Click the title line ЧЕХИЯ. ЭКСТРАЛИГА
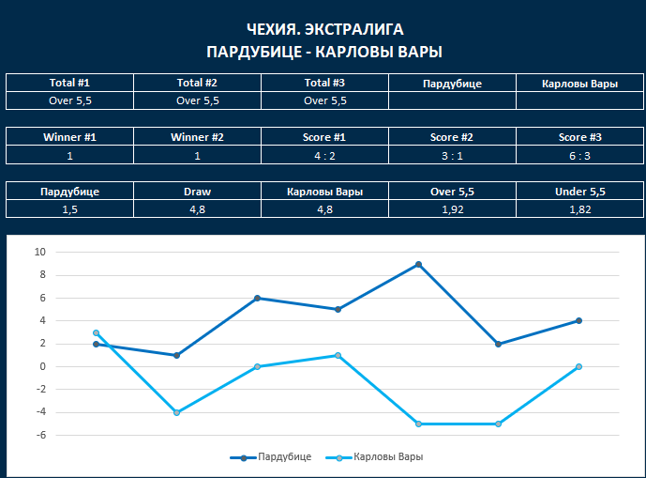(x=323, y=29)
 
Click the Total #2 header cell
(x=197, y=83)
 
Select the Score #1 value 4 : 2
(x=324, y=155)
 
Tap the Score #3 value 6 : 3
(x=579, y=155)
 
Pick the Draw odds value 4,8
(x=197, y=209)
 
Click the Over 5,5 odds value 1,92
(x=452, y=209)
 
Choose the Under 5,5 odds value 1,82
(x=579, y=209)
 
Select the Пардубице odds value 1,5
(x=69, y=209)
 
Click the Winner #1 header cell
(x=69, y=137)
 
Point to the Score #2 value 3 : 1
(x=452, y=155)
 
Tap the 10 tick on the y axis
(x=39, y=253)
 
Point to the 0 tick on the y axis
(x=42, y=366)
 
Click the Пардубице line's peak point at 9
(x=418, y=264)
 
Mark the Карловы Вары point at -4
(x=176, y=412)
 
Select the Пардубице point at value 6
(x=257, y=299)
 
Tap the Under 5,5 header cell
(x=579, y=192)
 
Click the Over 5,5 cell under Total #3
(x=324, y=100)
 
